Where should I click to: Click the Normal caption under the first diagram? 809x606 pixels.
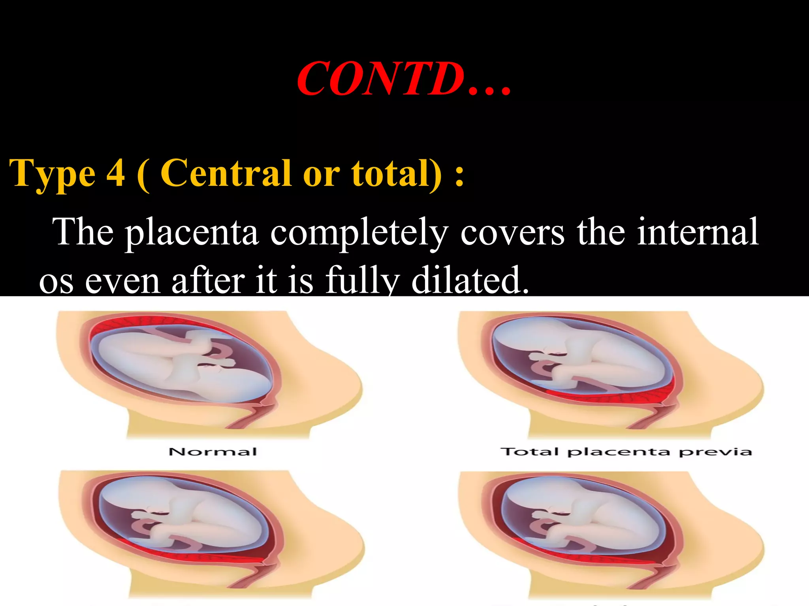coord(213,452)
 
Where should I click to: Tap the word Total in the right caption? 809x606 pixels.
coord(529,451)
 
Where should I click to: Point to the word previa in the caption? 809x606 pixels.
coord(715,452)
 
